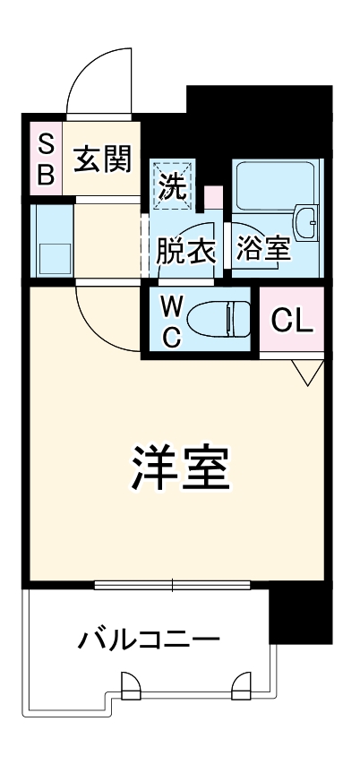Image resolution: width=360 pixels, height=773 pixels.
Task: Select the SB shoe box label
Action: click(x=45, y=159)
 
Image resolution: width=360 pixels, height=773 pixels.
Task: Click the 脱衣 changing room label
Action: click(x=185, y=252)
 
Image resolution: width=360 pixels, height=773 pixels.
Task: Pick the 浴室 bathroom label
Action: click(x=263, y=251)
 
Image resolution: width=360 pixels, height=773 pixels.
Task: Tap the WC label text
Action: click(x=173, y=322)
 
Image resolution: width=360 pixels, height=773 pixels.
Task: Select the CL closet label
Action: click(x=291, y=321)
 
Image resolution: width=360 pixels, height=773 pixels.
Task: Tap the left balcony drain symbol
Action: click(x=130, y=688)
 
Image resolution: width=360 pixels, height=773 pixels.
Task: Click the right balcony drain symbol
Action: click(x=242, y=688)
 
